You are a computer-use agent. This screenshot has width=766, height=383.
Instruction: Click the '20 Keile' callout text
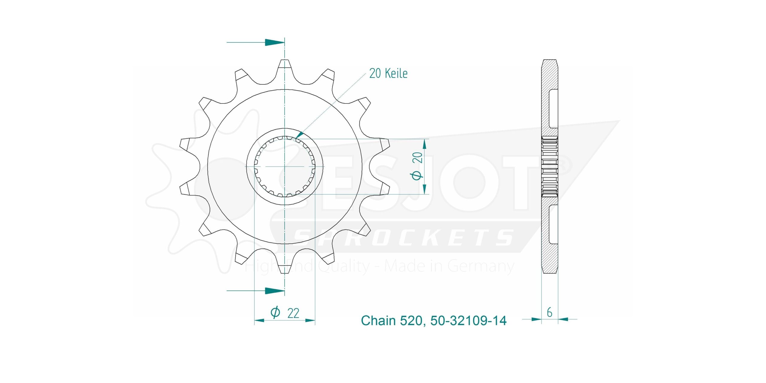pos(388,73)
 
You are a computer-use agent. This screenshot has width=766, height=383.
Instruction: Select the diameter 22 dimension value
pos(293,313)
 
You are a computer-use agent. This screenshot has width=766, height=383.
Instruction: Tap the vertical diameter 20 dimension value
pos(417,157)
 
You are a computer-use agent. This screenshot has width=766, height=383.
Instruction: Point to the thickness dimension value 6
pos(549,312)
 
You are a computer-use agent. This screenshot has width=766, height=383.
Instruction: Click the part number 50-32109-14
pos(468,321)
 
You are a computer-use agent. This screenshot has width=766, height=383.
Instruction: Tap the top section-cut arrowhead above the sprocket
pos(275,42)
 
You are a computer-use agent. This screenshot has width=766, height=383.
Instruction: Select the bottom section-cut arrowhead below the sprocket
pos(275,290)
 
